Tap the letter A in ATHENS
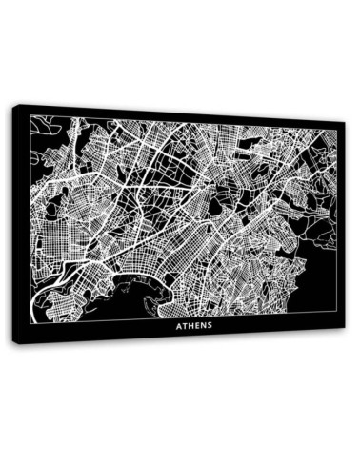coord(178,323)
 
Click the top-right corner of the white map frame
coord(335,130)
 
